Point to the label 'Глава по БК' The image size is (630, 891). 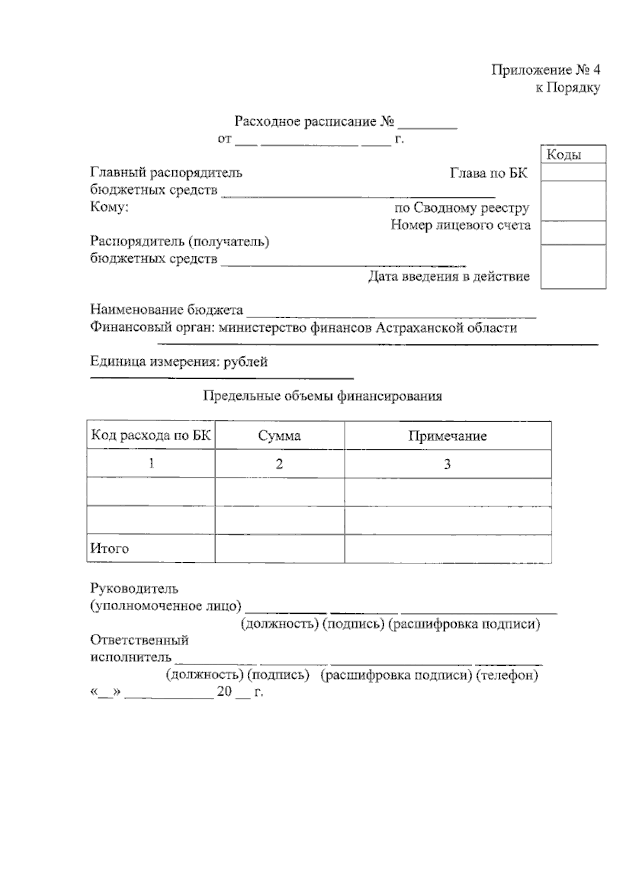click(488, 173)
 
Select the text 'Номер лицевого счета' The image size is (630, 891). click(460, 225)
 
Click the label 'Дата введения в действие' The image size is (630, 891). click(448, 276)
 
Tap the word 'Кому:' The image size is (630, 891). click(109, 207)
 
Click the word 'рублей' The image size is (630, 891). click(245, 362)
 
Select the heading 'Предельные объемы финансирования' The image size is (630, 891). click(322, 396)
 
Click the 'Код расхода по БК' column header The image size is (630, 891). click(151, 435)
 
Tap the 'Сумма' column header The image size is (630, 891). click(279, 436)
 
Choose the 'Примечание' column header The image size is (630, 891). click(447, 436)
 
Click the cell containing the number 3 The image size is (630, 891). click(447, 464)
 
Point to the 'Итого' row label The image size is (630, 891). click(109, 549)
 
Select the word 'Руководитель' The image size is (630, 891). click(134, 589)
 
